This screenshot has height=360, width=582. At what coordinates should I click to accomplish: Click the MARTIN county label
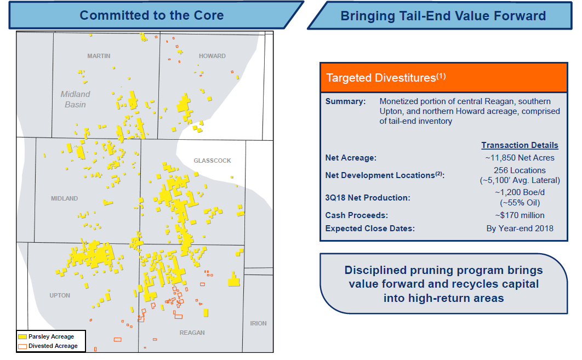[99, 56]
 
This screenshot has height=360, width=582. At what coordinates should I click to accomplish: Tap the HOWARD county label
[212, 56]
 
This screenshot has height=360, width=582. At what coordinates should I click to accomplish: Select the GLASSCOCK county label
[212, 161]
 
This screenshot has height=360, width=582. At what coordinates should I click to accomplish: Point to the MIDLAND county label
[65, 198]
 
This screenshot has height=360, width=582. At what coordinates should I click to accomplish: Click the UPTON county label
[60, 295]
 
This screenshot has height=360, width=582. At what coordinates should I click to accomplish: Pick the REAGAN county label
[192, 333]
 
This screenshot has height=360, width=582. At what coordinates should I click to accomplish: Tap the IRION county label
[258, 324]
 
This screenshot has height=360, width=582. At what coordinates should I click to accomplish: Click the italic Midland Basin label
[75, 100]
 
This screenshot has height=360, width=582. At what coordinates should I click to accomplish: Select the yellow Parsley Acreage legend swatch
[22, 336]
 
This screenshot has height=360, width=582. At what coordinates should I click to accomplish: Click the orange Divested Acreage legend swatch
[22, 346]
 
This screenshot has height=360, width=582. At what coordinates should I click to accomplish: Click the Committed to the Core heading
[152, 15]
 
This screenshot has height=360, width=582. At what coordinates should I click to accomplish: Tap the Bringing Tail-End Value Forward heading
[443, 16]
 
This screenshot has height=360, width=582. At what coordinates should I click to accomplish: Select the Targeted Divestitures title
[386, 78]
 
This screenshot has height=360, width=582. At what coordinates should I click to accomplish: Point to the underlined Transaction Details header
[520, 145]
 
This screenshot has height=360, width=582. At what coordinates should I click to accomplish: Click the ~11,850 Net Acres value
[520, 158]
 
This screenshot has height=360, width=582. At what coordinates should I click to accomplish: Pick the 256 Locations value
[520, 170]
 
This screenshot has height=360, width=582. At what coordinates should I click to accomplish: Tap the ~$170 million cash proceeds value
[520, 215]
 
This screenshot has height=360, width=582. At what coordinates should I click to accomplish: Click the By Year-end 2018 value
[520, 228]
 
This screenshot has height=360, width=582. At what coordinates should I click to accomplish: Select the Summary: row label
[346, 101]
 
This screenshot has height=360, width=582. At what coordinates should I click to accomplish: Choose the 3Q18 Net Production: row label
[368, 198]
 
